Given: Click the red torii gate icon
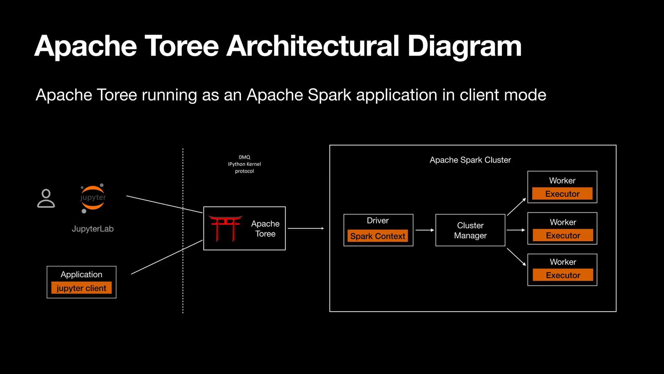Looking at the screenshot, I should [225, 228].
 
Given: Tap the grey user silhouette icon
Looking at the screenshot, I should [46, 198].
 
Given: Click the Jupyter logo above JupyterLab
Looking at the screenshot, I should [93, 198].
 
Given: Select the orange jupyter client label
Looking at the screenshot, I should [81, 288].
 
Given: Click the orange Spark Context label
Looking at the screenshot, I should [378, 236].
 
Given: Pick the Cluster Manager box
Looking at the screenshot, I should [470, 230].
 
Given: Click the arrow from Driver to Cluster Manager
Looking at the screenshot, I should [424, 230].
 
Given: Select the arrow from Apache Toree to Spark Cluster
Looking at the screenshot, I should [306, 229].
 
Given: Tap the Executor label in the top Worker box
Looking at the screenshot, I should [562, 194].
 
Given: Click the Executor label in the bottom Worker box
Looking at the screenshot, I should [563, 275].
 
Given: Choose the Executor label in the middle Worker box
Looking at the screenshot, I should [563, 235].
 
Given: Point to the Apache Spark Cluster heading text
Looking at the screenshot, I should [470, 160].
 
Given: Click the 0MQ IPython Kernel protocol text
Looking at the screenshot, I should [244, 164].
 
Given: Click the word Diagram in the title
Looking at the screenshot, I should [464, 46].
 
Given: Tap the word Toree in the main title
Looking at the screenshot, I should [182, 46].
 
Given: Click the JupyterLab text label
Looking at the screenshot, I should [93, 229].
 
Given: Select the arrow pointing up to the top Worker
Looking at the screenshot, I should [516, 206].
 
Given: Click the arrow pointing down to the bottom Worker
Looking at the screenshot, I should [516, 257].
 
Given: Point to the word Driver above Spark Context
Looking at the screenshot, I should [378, 221].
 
